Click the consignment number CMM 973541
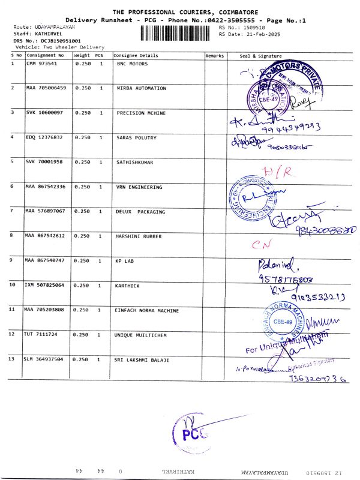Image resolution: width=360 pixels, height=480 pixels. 41,63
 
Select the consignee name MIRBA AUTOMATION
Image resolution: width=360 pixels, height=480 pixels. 141,88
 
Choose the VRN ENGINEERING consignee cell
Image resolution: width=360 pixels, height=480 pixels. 139,187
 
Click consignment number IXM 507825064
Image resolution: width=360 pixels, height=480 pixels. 45,286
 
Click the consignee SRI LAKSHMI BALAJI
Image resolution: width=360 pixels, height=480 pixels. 142,359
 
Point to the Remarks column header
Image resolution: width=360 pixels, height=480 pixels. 214,55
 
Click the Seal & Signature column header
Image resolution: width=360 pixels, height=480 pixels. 260,55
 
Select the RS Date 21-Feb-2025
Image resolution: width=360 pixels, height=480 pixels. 245,34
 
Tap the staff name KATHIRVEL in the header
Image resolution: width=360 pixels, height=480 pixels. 44,35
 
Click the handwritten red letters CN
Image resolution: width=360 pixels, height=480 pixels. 258,245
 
